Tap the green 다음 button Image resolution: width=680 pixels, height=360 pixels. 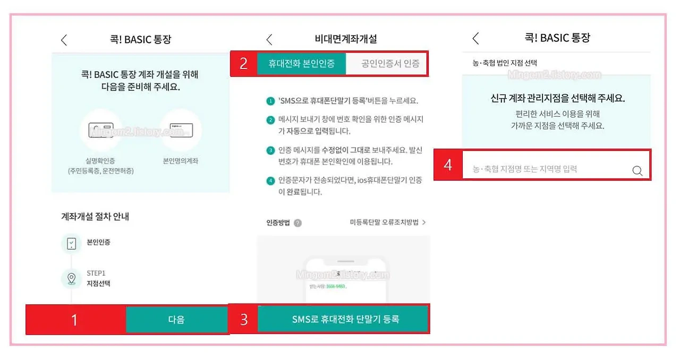click(176, 320)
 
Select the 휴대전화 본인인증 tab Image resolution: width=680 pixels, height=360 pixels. click(301, 64)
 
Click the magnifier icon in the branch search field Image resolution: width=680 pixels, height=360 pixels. click(637, 170)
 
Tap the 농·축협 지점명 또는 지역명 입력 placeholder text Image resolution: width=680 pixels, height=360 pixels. click(525, 169)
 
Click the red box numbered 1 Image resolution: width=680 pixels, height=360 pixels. click(75, 320)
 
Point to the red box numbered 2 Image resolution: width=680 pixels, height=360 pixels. click(243, 64)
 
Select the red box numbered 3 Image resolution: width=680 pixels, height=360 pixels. click(243, 320)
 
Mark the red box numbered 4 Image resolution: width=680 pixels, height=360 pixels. click(448, 165)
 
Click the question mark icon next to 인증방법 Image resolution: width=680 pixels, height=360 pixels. click(297, 223)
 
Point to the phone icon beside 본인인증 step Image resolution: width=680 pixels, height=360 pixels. click(71, 243)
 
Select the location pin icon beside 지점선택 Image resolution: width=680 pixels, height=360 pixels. click(71, 279)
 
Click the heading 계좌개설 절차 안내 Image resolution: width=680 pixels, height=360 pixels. click(95, 216)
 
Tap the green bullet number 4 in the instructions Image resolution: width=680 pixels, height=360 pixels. click(270, 181)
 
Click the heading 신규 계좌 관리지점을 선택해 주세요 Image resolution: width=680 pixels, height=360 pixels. click(557, 98)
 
